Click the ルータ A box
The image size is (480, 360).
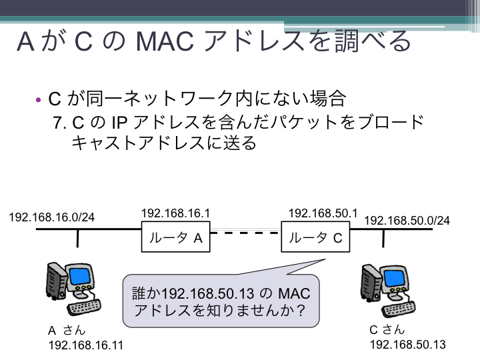(176, 237)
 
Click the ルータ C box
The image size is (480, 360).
(315, 237)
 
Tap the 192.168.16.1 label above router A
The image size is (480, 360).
(176, 213)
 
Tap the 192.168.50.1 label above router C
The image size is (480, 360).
(323, 213)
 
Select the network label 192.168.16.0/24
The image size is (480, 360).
(52, 217)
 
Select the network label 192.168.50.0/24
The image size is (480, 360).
(407, 221)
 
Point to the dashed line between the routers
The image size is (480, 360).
(245, 233)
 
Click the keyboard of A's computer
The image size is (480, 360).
(84, 307)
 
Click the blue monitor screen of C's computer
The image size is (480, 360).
(394, 278)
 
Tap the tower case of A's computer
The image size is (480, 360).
(56, 280)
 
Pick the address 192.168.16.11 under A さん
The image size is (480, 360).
(86, 345)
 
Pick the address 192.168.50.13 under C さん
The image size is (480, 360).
(408, 345)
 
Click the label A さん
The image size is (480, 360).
(67, 331)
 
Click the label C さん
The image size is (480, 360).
(387, 330)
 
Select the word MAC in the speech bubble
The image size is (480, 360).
(294, 293)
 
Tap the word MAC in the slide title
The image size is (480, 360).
(165, 41)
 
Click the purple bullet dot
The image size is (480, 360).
(38, 100)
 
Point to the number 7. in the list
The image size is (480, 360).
(60, 123)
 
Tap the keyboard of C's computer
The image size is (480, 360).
(399, 309)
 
